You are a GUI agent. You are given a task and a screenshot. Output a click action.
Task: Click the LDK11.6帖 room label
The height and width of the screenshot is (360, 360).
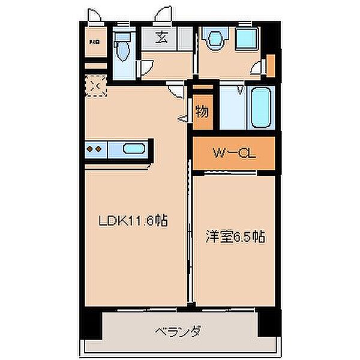click(x=133, y=220)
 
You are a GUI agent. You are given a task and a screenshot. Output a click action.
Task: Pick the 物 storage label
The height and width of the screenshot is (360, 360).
click(x=202, y=111)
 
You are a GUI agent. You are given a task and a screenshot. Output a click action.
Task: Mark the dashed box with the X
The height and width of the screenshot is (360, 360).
click(x=95, y=86)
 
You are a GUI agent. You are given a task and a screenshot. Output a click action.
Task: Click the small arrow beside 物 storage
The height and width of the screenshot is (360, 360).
click(x=182, y=119)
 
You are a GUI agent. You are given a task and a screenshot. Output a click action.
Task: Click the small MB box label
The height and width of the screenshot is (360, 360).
click(x=94, y=42)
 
